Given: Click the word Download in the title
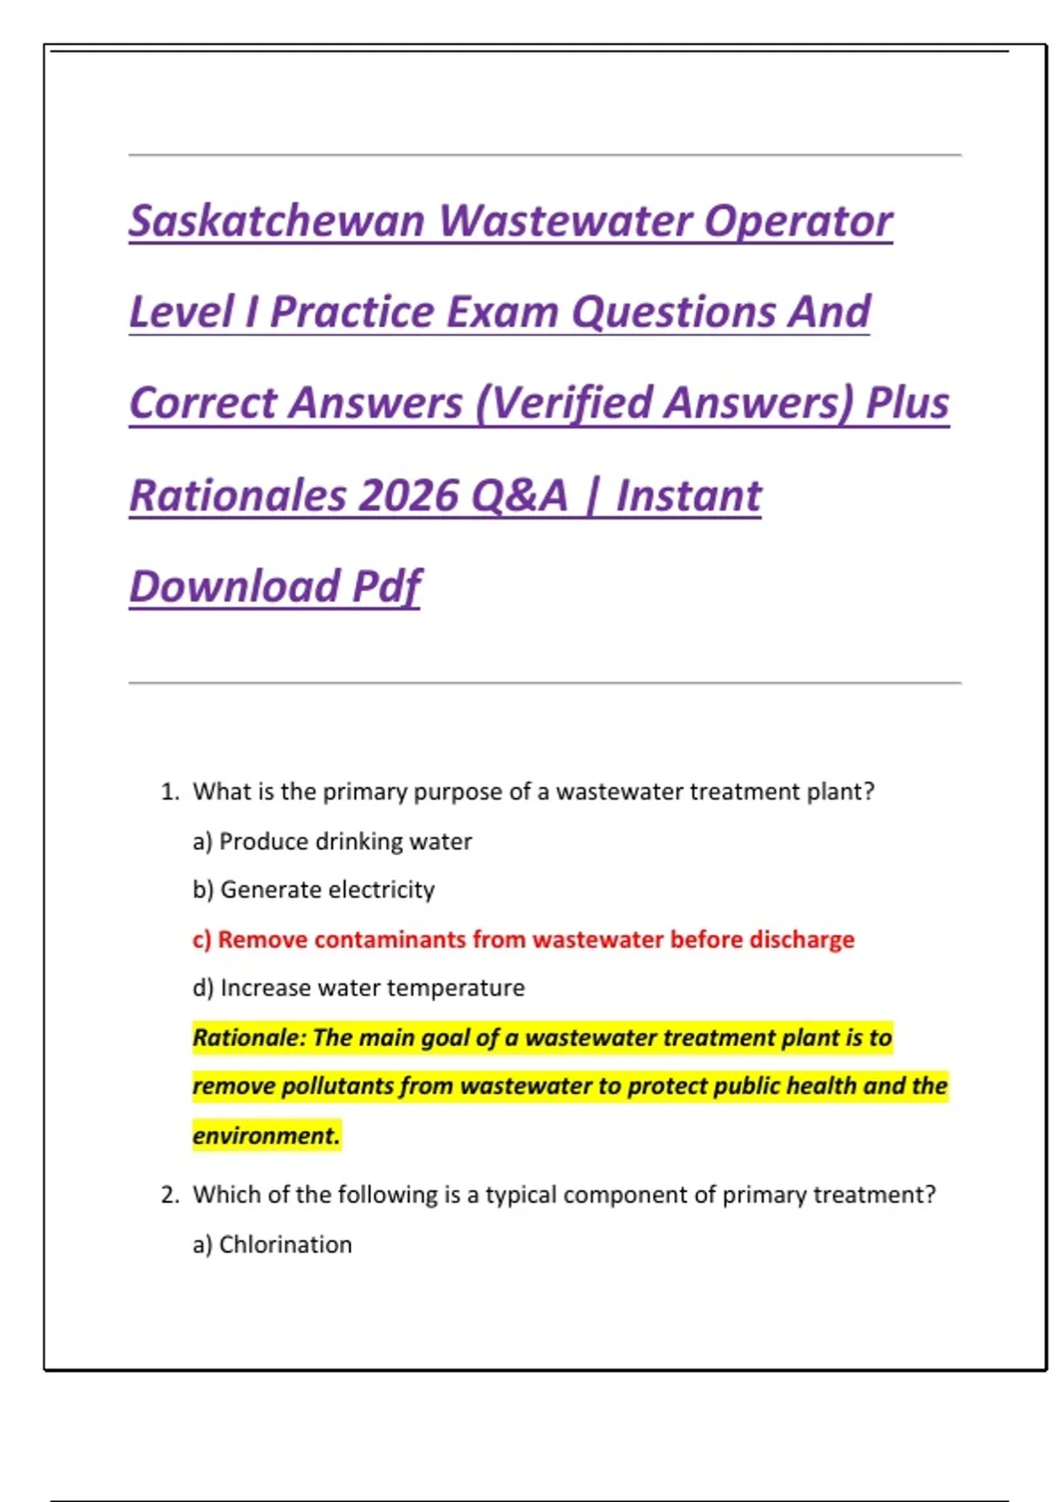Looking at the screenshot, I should [x=235, y=587].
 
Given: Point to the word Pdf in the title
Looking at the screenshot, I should [x=386, y=587].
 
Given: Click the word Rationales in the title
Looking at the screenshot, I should [x=238, y=496].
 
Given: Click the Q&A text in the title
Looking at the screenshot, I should [x=519, y=496].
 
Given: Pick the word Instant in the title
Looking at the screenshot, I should [x=688, y=496].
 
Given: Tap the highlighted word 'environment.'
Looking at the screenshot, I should [x=266, y=1135].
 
